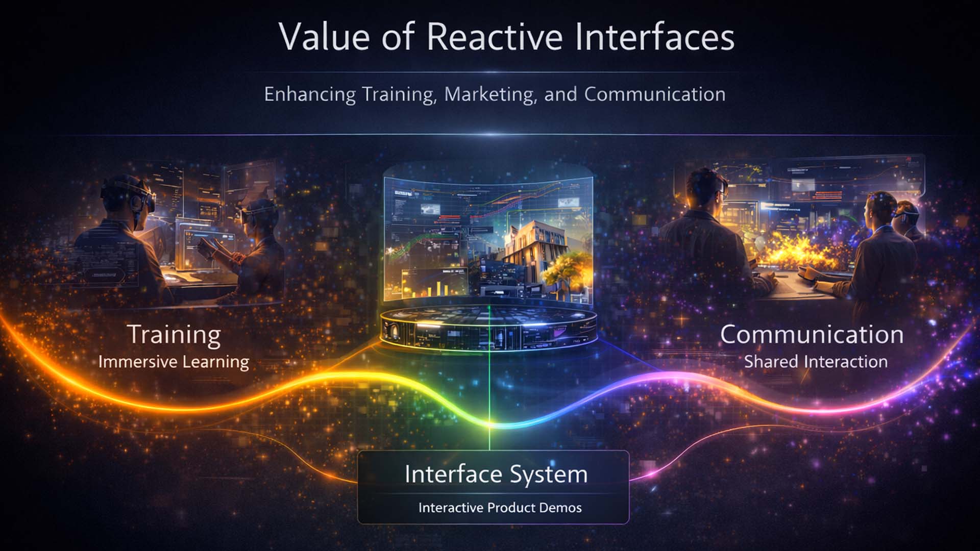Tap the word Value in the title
tap(324, 37)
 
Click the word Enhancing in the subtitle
tap(310, 94)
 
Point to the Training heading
tap(174, 335)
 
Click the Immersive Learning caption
tap(174, 362)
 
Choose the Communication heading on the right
tap(812, 335)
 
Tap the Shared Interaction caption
tap(816, 362)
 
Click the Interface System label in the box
tap(496, 474)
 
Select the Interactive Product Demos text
tap(500, 508)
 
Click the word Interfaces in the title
tap(654, 37)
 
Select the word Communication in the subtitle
tap(655, 94)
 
